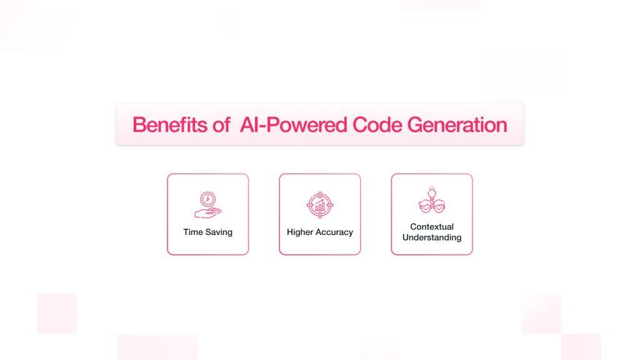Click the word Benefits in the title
(x=170, y=124)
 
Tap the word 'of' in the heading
(x=221, y=124)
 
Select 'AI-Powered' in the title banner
(x=294, y=124)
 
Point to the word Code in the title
(x=377, y=124)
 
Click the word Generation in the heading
(x=457, y=124)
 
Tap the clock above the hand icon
(x=207, y=199)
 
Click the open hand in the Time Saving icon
(x=207, y=212)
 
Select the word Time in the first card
(x=193, y=232)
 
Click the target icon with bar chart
(x=320, y=205)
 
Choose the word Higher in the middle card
(x=300, y=232)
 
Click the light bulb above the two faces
(x=432, y=194)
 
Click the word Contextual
(x=432, y=226)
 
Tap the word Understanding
(x=432, y=237)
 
